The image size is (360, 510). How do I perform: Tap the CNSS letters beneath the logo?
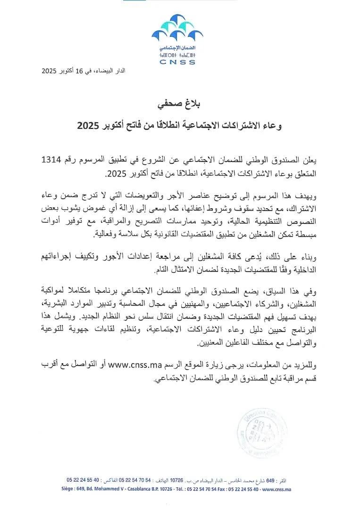177,62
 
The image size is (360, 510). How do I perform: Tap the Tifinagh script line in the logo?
177,55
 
